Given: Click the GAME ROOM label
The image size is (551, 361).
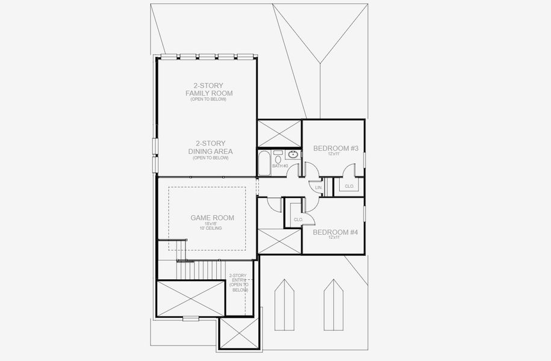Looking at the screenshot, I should click(x=212, y=218).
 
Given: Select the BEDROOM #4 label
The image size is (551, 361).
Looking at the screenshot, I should click(x=335, y=232).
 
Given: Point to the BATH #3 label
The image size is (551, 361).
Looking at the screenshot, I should click(x=280, y=165).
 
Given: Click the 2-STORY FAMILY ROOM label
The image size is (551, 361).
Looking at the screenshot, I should click(x=209, y=90).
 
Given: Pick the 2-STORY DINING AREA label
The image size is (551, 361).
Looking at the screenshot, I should click(x=209, y=147).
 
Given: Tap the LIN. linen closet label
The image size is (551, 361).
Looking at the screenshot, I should click(x=319, y=188).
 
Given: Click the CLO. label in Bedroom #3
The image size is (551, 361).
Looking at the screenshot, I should click(x=349, y=187).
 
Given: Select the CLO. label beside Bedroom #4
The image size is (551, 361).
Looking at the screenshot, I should click(x=298, y=220).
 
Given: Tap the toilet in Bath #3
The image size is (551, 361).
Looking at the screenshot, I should click(x=278, y=158).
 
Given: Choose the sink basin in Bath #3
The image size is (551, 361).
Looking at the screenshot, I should click(x=293, y=155).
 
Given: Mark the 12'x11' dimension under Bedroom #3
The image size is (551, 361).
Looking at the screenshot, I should click(x=335, y=154).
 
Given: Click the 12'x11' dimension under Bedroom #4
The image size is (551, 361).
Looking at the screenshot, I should click(x=335, y=238).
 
